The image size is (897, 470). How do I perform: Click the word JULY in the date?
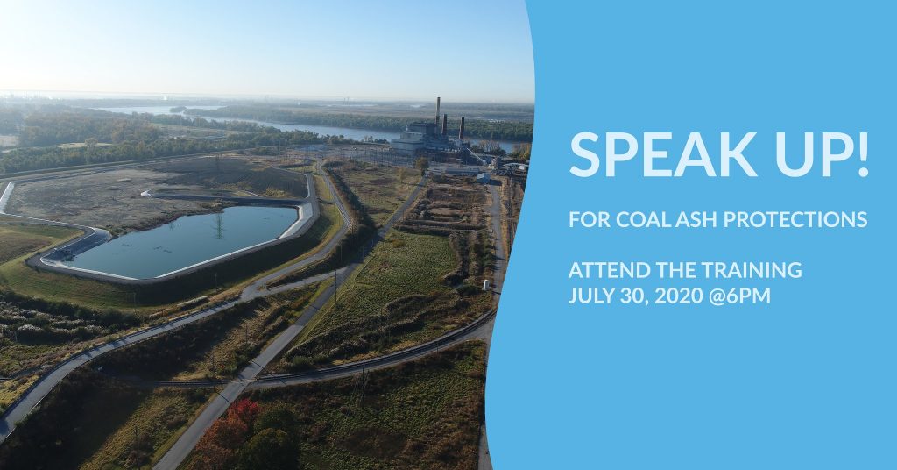point(590,296)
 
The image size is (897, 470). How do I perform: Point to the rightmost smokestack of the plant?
point(462,129)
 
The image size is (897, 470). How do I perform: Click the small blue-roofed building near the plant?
point(484,177)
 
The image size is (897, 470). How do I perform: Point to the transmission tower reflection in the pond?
point(219,225)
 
